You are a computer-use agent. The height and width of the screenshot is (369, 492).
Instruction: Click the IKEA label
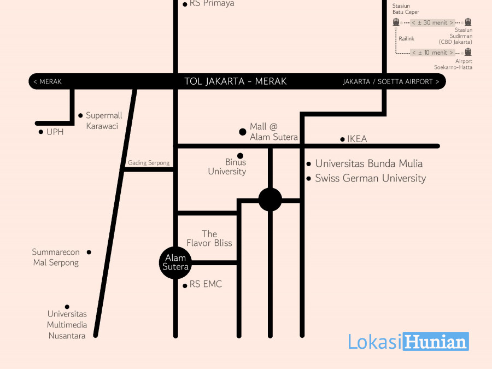tap(357, 139)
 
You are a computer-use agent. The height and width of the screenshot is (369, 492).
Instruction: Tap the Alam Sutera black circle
tap(175, 262)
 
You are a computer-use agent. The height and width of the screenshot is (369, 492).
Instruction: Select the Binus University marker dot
tap(241, 156)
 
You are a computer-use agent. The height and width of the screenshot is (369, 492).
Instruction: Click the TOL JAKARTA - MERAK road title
tap(235, 81)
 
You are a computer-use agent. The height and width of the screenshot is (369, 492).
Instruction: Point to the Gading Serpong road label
tap(149, 163)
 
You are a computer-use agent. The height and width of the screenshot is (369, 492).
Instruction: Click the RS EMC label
tap(206, 284)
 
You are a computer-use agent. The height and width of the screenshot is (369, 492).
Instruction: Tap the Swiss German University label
tap(371, 178)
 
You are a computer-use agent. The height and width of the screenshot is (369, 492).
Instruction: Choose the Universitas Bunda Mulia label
tap(369, 163)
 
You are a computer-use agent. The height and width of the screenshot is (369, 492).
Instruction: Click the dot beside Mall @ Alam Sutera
tap(243, 132)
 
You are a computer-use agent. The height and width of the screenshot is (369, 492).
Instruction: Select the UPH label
tap(55, 132)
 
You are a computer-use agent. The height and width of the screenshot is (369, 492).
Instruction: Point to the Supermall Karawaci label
tap(104, 121)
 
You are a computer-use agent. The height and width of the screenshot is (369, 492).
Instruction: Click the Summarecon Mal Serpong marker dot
tap(89, 252)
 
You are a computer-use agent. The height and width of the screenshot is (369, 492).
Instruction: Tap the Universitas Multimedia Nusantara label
tap(67, 325)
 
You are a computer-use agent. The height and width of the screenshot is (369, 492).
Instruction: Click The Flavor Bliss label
tap(209, 238)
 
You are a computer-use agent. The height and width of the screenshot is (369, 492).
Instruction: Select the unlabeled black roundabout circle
tap(270, 200)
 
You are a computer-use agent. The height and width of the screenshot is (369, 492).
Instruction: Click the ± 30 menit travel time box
tap(433, 22)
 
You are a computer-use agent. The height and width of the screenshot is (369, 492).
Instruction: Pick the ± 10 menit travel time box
tap(433, 52)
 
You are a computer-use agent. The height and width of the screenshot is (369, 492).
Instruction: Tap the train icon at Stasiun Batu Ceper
tap(396, 22)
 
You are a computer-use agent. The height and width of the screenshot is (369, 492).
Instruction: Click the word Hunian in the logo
tap(436, 342)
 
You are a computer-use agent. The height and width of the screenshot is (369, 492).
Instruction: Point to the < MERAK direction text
tap(48, 81)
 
